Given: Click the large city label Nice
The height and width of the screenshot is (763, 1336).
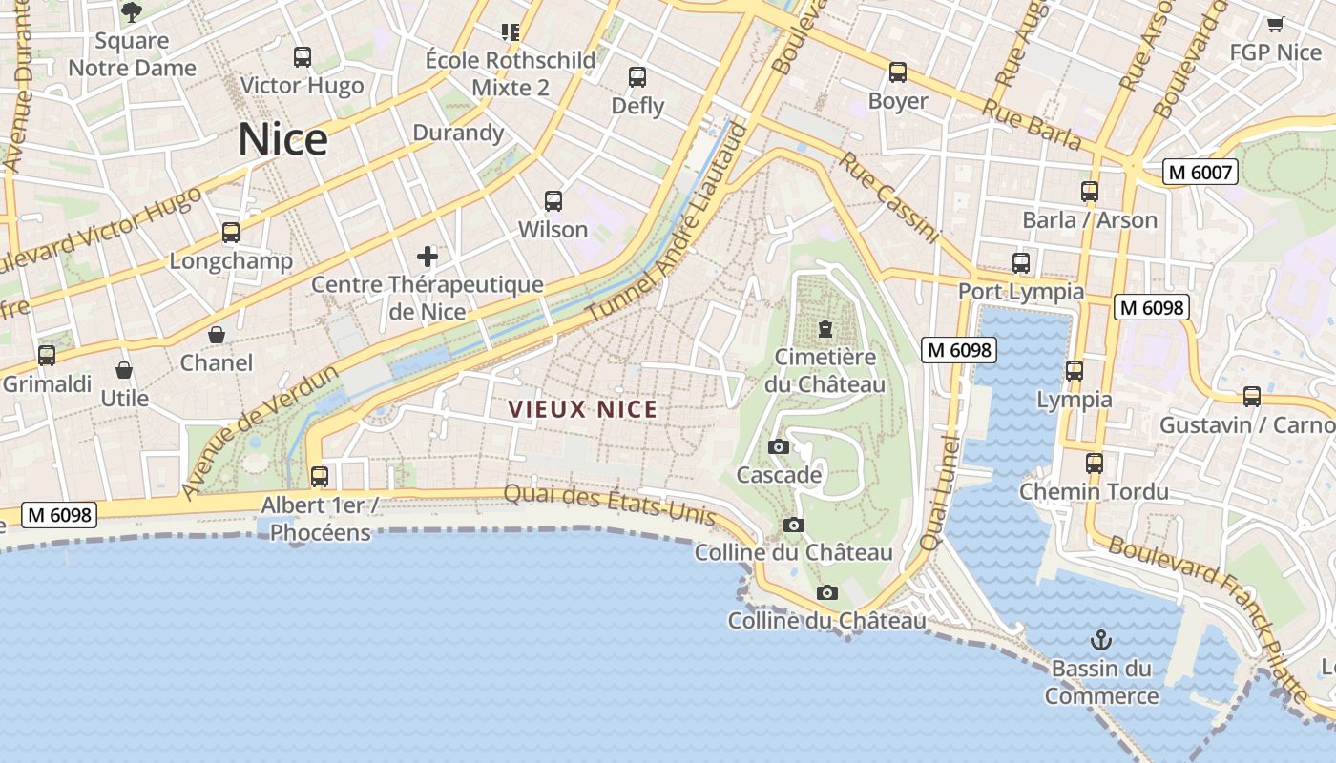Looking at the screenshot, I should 282,139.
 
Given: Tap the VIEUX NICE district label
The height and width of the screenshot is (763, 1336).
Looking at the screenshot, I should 582,409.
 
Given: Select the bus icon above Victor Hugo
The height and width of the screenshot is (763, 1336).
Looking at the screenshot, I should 303,57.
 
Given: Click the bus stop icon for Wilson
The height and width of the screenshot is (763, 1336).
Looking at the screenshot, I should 553,201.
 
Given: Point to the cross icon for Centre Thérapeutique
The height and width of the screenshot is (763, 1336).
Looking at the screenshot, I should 428,256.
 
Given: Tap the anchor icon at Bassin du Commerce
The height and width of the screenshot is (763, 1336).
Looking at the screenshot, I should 1101,639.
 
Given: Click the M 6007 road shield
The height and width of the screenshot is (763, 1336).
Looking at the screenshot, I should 1200,173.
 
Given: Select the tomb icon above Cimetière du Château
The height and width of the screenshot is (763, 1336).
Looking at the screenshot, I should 825,329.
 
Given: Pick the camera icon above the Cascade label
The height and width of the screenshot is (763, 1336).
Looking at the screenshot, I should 779,446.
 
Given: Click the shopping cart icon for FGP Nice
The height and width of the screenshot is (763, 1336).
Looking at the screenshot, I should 1275,24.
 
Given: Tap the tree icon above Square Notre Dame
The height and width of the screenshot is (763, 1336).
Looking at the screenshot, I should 132,12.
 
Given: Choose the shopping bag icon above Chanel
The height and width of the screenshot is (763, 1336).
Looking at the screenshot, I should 218,335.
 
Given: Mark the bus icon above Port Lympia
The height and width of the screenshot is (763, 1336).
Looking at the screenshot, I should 1021,263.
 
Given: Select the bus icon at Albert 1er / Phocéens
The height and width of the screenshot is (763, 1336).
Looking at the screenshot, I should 320,476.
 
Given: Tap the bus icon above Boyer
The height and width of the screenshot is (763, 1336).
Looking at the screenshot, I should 898,72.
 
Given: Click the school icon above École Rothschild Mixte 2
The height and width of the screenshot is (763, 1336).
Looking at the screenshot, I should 511,32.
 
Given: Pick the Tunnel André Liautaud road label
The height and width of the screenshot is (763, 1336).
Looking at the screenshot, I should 666,225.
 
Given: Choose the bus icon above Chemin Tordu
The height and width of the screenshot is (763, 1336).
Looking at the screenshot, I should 1095,464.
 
